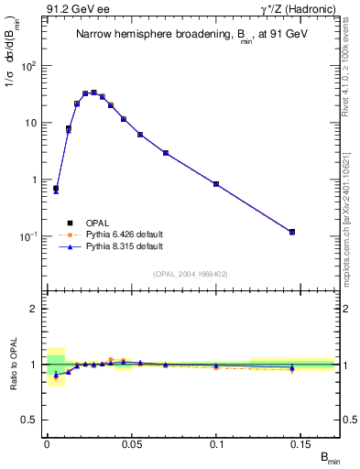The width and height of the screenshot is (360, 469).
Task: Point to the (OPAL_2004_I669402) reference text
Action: [190, 273]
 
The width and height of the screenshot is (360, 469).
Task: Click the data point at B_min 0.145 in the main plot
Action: [292, 232]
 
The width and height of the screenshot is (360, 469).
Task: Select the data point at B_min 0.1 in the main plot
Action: [216, 184]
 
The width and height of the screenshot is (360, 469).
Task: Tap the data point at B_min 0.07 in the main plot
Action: [165, 153]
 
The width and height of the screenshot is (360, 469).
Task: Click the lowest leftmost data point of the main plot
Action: [56, 189]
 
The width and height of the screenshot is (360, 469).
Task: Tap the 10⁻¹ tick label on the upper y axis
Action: [30, 236]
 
